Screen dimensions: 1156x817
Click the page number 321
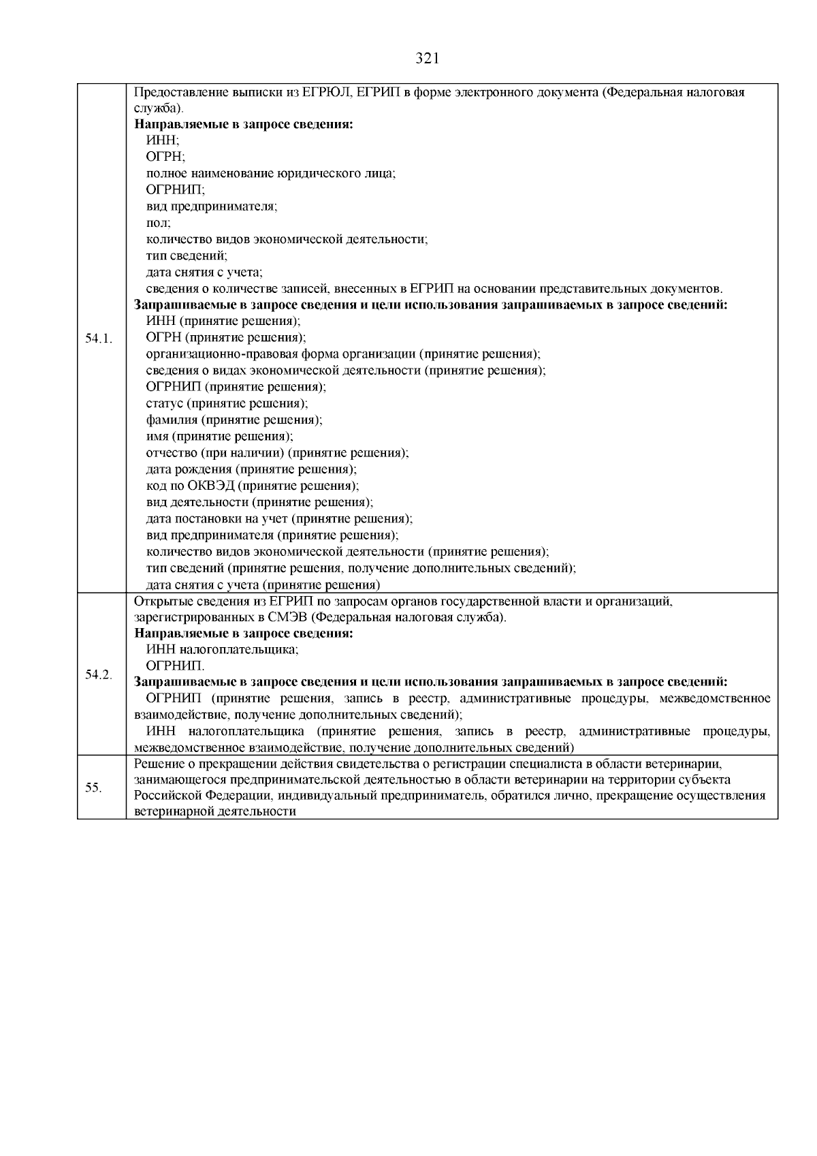[x=427, y=59]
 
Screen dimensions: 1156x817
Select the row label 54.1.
[x=99, y=338]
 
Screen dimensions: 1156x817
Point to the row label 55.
[x=94, y=787]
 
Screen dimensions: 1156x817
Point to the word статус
[x=165, y=404]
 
